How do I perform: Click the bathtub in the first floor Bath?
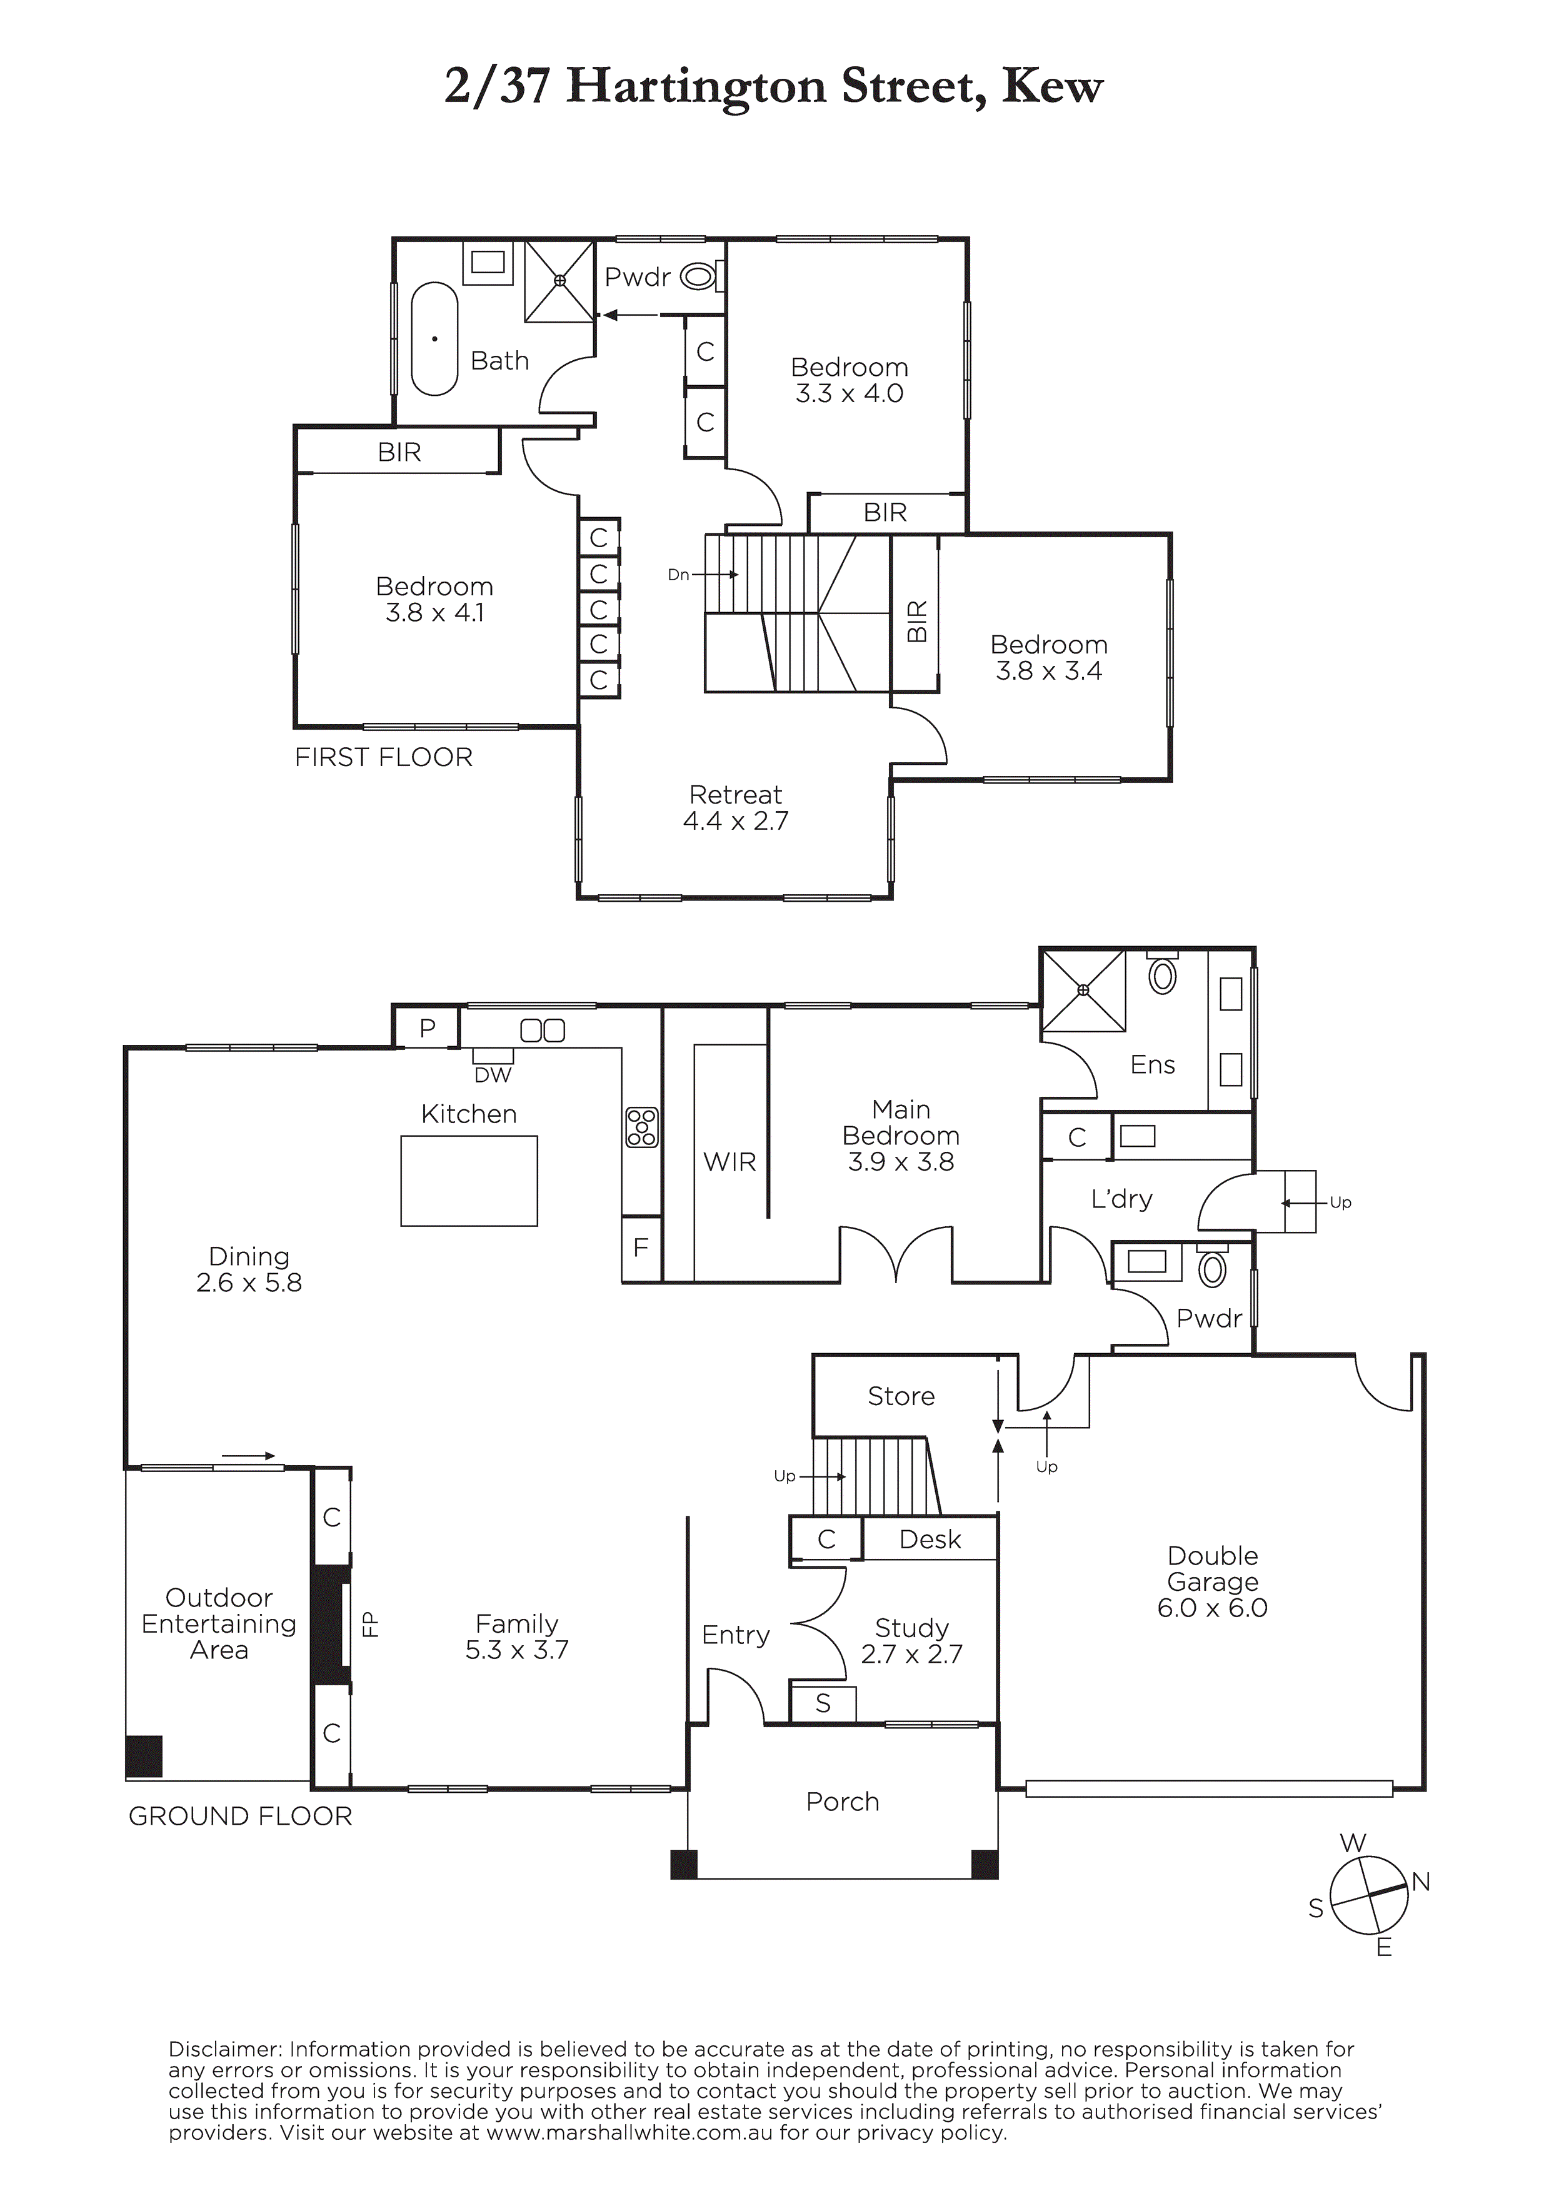434,338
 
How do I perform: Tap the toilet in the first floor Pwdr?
703,277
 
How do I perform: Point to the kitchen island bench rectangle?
469,1181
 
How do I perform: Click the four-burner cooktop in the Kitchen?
642,1127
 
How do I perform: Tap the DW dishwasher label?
493,1076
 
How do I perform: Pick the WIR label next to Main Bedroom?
729,1162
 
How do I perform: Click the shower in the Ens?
1083,991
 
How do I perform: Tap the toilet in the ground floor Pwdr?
1212,1268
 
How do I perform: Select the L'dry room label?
1122,1199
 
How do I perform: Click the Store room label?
901,1396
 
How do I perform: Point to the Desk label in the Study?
930,1540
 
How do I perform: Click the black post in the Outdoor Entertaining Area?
144,1757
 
